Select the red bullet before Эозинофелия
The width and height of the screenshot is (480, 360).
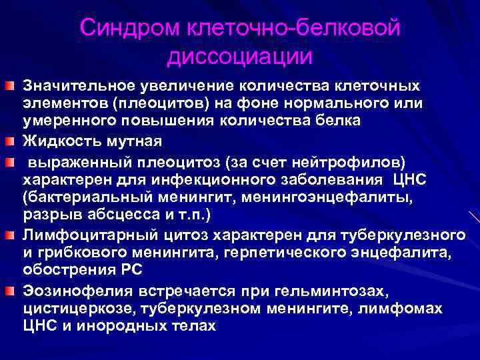pos(12,292)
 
